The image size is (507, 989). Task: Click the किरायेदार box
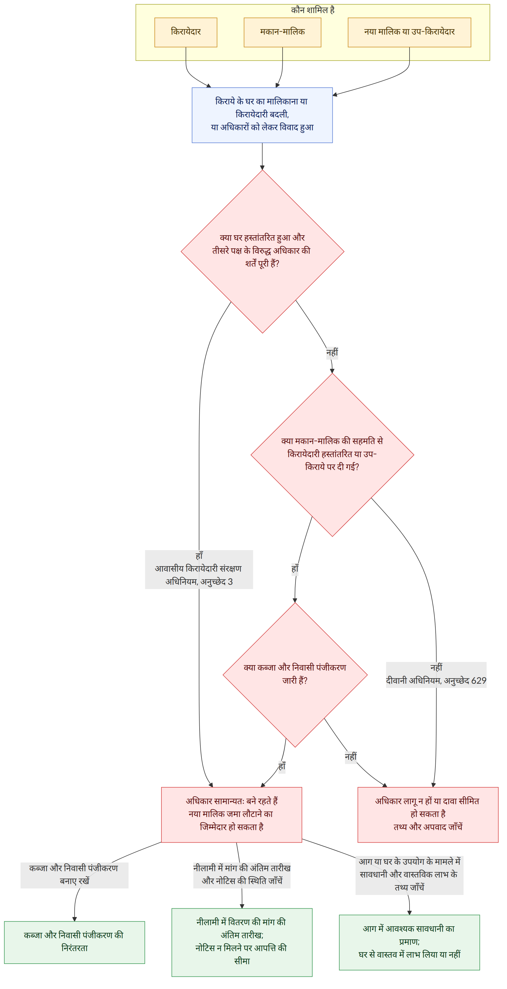click(x=186, y=32)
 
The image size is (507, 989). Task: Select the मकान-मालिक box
click(x=282, y=32)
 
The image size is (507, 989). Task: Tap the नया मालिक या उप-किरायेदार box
click(x=409, y=32)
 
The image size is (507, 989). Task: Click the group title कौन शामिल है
click(x=313, y=10)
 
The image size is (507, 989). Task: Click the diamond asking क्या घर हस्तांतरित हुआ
click(x=262, y=251)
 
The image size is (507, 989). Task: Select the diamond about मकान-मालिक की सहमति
click(x=332, y=455)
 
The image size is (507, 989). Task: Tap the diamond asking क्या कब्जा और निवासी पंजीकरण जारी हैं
click(x=295, y=675)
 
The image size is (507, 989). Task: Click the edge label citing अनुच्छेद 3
click(x=199, y=569)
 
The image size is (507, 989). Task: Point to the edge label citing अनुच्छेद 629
click(x=436, y=675)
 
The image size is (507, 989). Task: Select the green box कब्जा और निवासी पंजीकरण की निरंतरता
click(x=74, y=942)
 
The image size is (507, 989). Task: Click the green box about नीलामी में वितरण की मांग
click(x=242, y=942)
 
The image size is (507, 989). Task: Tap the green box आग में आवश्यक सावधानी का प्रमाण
click(x=409, y=942)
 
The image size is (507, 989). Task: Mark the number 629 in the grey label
click(x=479, y=681)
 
